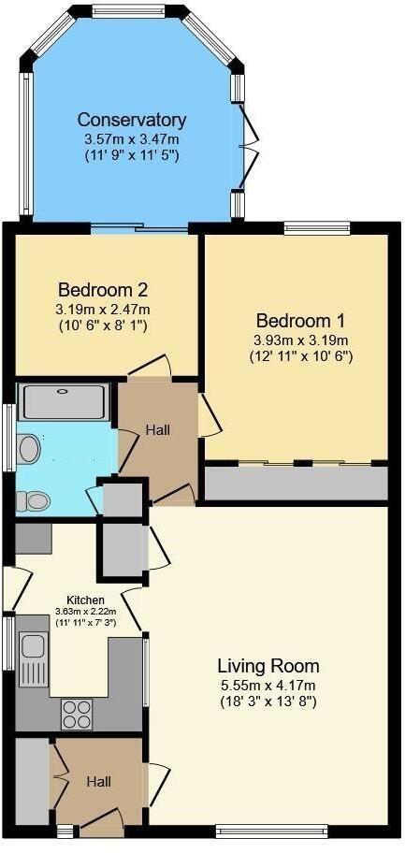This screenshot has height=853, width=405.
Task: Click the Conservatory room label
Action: pos(131,120)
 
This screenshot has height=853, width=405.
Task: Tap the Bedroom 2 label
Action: pos(103,290)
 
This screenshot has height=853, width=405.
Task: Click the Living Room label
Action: pos(268,666)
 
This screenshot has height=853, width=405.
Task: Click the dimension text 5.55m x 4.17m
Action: pos(268,685)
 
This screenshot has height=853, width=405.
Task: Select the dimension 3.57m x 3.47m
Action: pos(131,137)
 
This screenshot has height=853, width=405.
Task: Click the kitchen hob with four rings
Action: pos(78,715)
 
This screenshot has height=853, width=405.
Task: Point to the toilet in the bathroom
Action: pos(34,500)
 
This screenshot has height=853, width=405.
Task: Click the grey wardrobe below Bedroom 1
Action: pos(296,483)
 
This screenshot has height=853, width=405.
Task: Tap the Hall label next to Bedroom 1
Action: pos(156,429)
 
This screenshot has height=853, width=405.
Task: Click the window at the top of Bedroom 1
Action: pos(317,225)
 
